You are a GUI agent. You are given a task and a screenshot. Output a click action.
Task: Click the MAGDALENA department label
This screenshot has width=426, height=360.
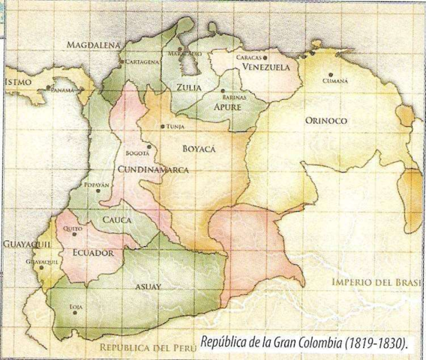94,45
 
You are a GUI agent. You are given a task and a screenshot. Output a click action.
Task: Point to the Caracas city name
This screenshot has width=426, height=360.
248,57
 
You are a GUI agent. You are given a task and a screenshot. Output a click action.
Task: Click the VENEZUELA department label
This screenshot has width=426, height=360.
266,67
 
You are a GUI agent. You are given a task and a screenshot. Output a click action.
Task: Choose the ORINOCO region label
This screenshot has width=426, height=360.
326,120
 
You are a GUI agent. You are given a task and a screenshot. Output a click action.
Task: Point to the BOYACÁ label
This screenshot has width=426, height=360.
199,149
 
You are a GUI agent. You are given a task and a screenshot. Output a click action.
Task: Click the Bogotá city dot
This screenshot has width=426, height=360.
150,147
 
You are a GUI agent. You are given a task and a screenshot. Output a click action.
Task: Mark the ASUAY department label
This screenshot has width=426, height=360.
148,286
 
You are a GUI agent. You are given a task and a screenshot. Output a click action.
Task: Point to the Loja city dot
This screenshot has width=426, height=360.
74,313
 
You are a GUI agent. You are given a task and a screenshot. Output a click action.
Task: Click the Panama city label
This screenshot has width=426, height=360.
63,90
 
